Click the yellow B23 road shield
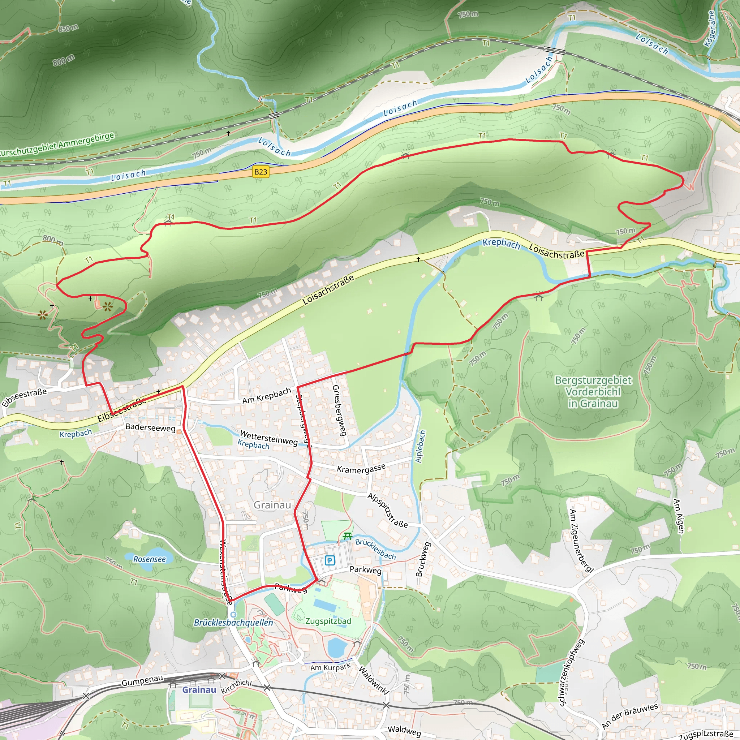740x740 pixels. point(261,172)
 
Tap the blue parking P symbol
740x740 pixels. point(330,561)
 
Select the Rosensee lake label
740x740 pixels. point(149,559)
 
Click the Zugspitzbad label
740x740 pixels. point(328,621)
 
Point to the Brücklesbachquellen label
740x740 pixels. point(233,623)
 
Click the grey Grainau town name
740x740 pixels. point(272,505)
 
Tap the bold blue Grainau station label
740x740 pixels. point(199,690)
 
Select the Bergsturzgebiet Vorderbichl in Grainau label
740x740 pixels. point(593,392)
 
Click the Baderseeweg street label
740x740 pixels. point(150,427)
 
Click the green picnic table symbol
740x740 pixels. point(347,536)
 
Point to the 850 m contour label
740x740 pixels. point(69,28)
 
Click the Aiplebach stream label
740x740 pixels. point(420,447)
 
